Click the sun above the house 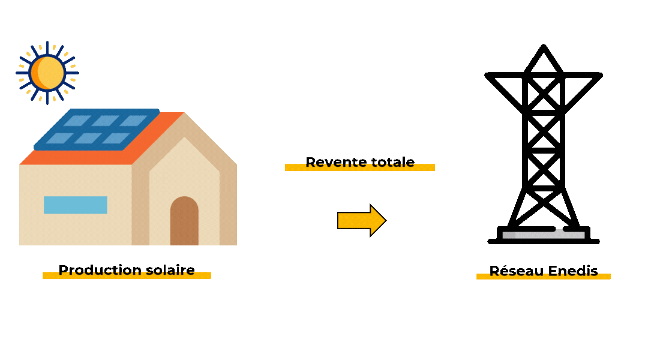coord(47,72)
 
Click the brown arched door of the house coord(184,221)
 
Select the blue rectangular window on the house coord(76,205)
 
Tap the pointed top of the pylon coord(544,47)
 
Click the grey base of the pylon coord(544,235)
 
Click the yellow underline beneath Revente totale coord(360,169)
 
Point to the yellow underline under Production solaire coord(127,277)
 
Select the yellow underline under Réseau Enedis coord(543,277)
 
